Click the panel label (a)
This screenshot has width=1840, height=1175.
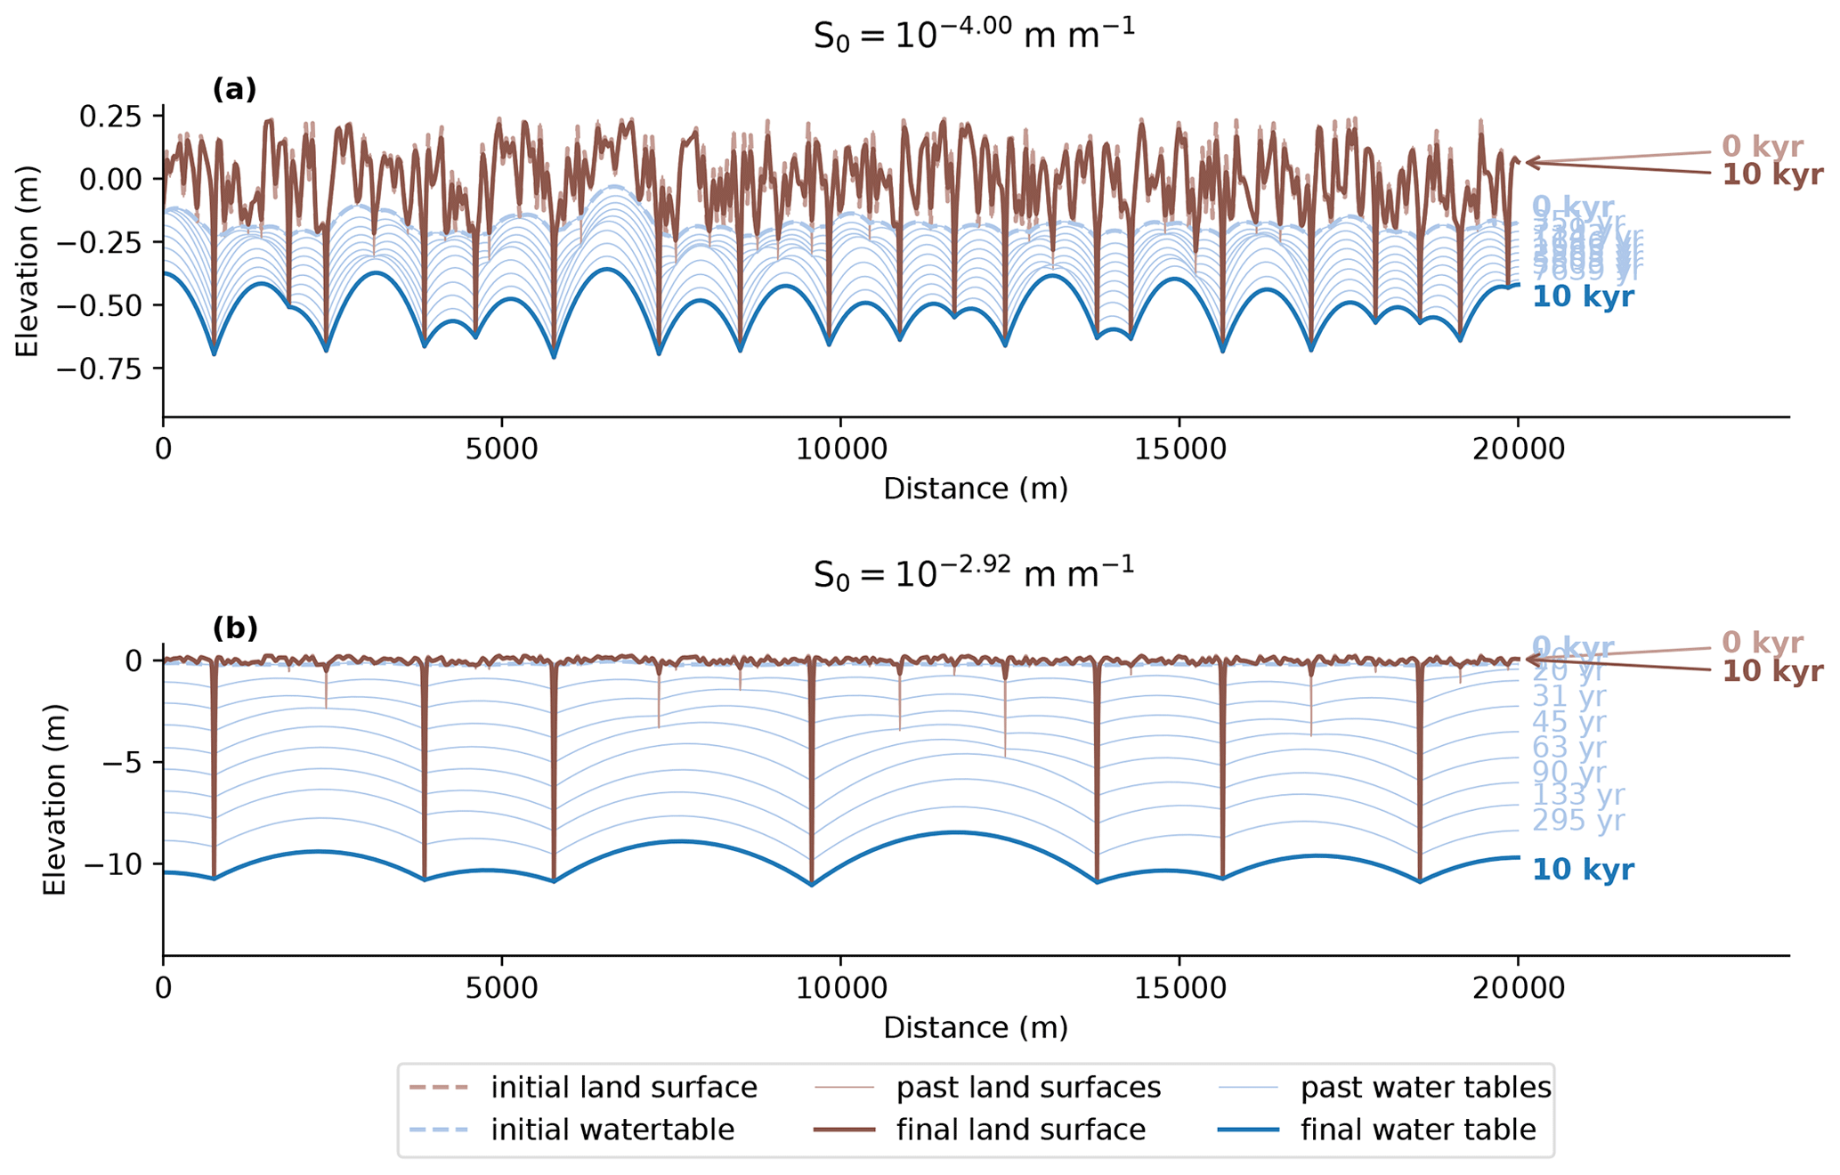tap(234, 90)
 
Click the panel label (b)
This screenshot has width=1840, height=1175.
tap(235, 628)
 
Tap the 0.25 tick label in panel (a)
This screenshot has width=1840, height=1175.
tap(110, 117)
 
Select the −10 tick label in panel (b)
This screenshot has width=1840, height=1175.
tap(123, 864)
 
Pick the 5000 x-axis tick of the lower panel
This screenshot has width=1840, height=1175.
tap(502, 989)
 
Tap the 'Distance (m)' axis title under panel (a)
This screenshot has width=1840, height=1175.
tap(975, 489)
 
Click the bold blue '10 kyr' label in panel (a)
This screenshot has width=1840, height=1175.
tap(1583, 297)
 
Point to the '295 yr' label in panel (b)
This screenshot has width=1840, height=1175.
tap(1577, 821)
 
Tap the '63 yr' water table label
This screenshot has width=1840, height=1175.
tap(1568, 749)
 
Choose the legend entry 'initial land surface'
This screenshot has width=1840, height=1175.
tap(623, 1088)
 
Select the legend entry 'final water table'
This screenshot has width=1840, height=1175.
tap(1417, 1130)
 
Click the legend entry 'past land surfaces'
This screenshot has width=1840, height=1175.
tap(1028, 1088)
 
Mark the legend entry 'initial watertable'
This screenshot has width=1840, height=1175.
tap(612, 1130)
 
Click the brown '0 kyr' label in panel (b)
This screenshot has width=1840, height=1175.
tap(1762, 643)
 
